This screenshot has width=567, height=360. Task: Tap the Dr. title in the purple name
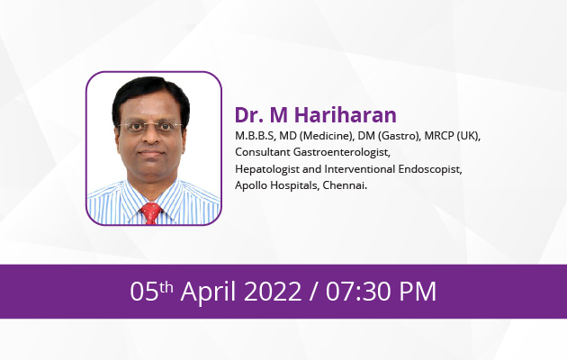[x=248, y=114]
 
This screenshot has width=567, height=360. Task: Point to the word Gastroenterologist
[x=342, y=152]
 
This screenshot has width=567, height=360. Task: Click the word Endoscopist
[x=430, y=169]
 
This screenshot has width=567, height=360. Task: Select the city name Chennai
[x=345, y=185]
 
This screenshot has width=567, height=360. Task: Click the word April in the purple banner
[x=208, y=292]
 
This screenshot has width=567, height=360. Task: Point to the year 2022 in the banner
[x=273, y=292]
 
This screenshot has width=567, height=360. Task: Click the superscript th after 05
[x=166, y=287]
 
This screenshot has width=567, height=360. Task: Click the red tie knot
[x=151, y=209]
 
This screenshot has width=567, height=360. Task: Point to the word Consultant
[x=263, y=152]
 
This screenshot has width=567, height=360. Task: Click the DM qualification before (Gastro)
[x=366, y=136]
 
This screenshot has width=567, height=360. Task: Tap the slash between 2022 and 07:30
[x=314, y=292]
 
